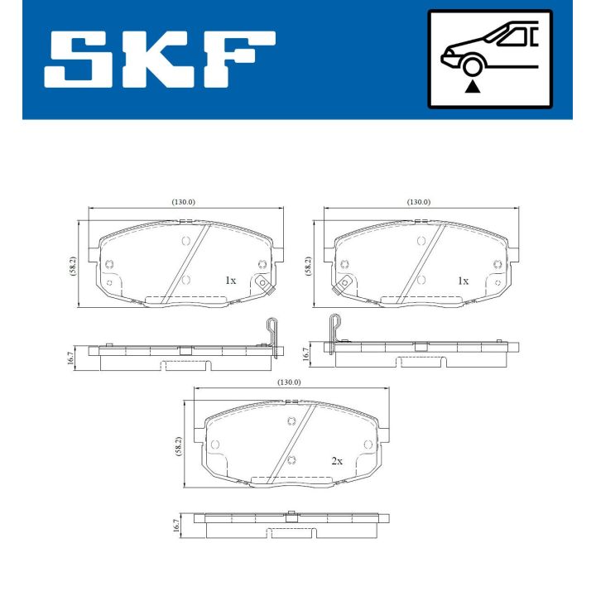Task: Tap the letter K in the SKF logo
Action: tap(158, 60)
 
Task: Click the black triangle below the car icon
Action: tap(473, 85)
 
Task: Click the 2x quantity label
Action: tap(336, 461)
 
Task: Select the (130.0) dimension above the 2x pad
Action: tap(288, 382)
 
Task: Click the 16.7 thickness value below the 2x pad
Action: tap(176, 524)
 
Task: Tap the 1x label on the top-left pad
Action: tap(230, 281)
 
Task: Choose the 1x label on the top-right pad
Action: tap(464, 281)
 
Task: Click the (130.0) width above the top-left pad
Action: tap(183, 202)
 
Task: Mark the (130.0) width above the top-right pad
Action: tap(418, 202)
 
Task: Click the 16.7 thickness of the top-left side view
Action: tap(72, 357)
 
